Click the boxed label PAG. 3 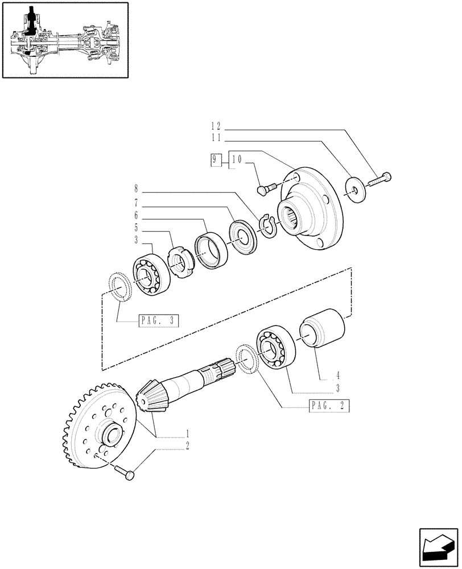click(x=158, y=321)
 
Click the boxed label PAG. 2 click(x=329, y=406)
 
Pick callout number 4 click(x=337, y=376)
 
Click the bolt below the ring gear click(x=126, y=472)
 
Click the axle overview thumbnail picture click(x=65, y=39)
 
